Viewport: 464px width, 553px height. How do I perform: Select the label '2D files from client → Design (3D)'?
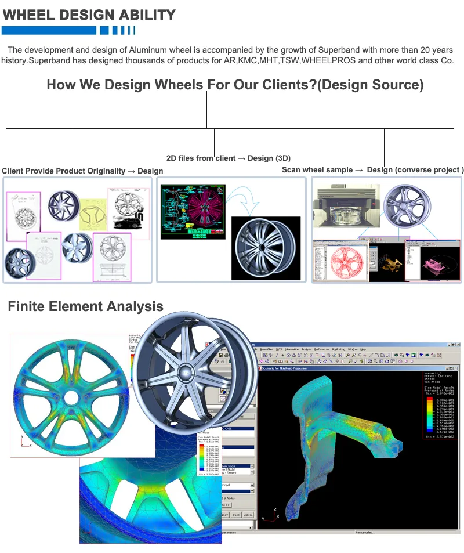pos(229,158)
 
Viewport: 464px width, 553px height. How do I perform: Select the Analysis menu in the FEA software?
pos(306,349)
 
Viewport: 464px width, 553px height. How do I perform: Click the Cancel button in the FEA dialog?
pos(248,514)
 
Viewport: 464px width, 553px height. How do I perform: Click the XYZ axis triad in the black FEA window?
pos(269,516)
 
